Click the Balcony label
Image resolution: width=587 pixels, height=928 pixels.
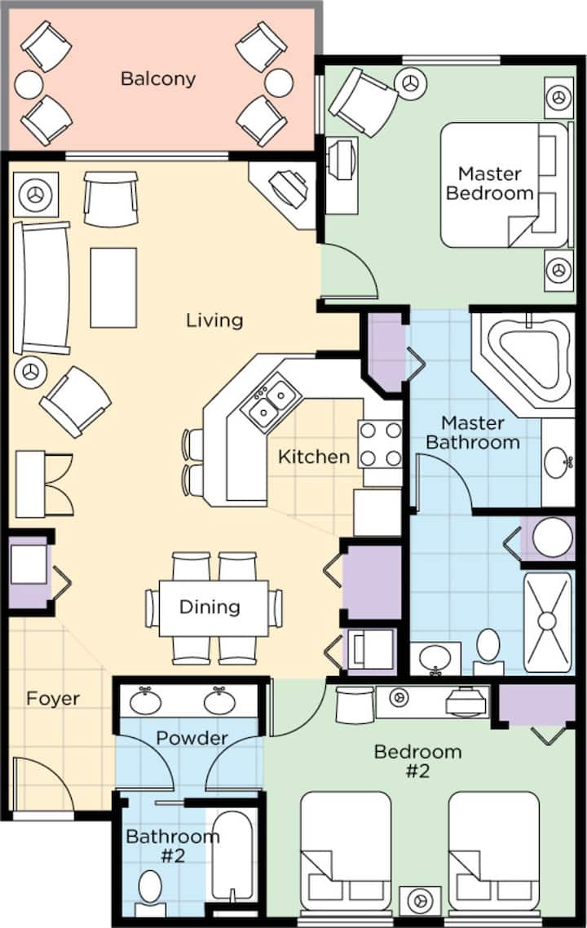pyautogui.click(x=158, y=79)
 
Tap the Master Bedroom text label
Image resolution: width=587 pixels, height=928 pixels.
pyautogui.click(x=495, y=183)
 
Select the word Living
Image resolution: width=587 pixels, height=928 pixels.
pyautogui.click(x=214, y=320)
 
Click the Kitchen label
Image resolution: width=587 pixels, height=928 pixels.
pyautogui.click(x=314, y=457)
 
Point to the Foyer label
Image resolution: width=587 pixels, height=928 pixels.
pyautogui.click(x=53, y=699)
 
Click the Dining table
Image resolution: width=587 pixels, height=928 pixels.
pyautogui.click(x=214, y=608)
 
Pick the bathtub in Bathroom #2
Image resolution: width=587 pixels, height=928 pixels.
pyautogui.click(x=233, y=852)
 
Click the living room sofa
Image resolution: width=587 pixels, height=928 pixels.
pyautogui.click(x=41, y=287)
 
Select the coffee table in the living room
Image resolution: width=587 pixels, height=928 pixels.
pyautogui.click(x=113, y=287)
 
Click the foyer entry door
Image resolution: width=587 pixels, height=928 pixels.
pyautogui.click(x=41, y=783)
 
